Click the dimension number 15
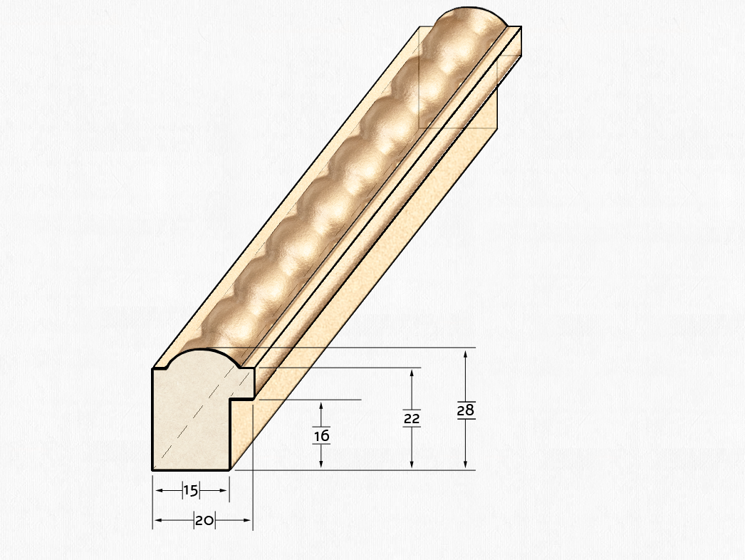[x=191, y=491]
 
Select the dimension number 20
[x=204, y=521]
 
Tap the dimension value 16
[x=321, y=435]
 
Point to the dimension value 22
[x=412, y=418]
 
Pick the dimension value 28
[x=466, y=410]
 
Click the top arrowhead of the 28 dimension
[x=466, y=353]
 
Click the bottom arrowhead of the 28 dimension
[x=466, y=465]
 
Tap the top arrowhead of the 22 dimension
[x=412, y=373]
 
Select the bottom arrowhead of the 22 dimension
[x=412, y=465]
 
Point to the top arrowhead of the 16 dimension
[x=321, y=406]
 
